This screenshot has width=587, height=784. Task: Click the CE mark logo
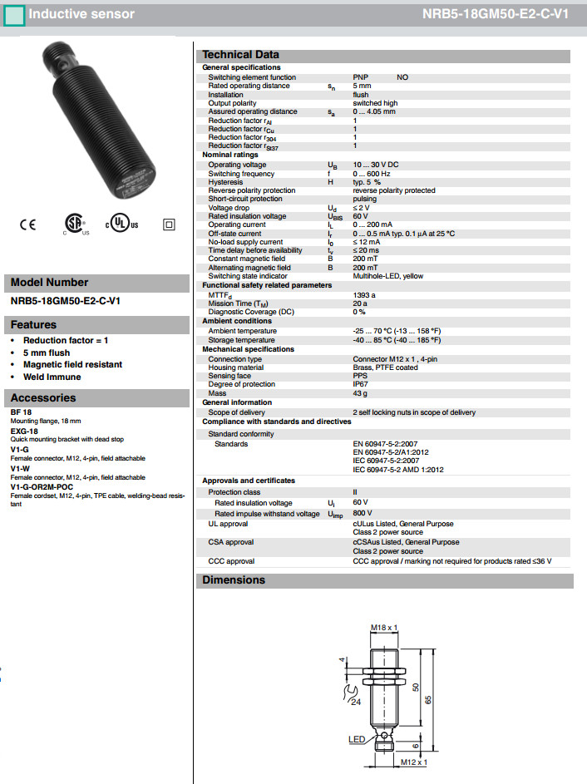pyautogui.click(x=28, y=224)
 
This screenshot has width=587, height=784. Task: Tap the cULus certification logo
pyautogui.click(x=121, y=224)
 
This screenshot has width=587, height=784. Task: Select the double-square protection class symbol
pyautogui.click(x=169, y=224)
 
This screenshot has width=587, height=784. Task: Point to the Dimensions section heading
pyautogui.click(x=234, y=580)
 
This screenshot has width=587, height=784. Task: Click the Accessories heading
pyautogui.click(x=43, y=397)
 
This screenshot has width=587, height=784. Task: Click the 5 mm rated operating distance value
pyautogui.click(x=362, y=86)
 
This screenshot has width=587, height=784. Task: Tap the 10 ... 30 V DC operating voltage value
pyautogui.click(x=376, y=165)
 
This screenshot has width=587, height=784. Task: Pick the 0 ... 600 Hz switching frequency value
pyautogui.click(x=372, y=174)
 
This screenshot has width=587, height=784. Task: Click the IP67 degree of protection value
pyautogui.click(x=361, y=384)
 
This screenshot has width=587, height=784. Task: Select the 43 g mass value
pyautogui.click(x=359, y=393)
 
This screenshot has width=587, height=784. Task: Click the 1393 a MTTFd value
pyautogui.click(x=364, y=295)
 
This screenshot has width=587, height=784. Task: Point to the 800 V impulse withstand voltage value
pyautogui.click(x=362, y=514)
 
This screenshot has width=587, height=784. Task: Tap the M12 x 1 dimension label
pyautogui.click(x=412, y=762)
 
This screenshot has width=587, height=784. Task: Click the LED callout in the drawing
pyautogui.click(x=357, y=738)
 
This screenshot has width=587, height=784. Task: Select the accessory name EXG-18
pyautogui.click(x=24, y=432)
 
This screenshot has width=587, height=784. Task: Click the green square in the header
pyautogui.click(x=14, y=14)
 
